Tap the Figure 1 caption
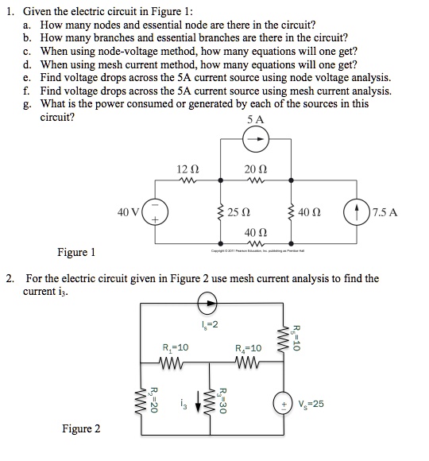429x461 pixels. tap(77, 254)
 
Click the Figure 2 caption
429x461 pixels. tap(82, 429)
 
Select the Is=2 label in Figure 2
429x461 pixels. tap(209, 323)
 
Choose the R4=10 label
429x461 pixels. tap(249, 348)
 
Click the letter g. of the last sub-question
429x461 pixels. tap(28, 103)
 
